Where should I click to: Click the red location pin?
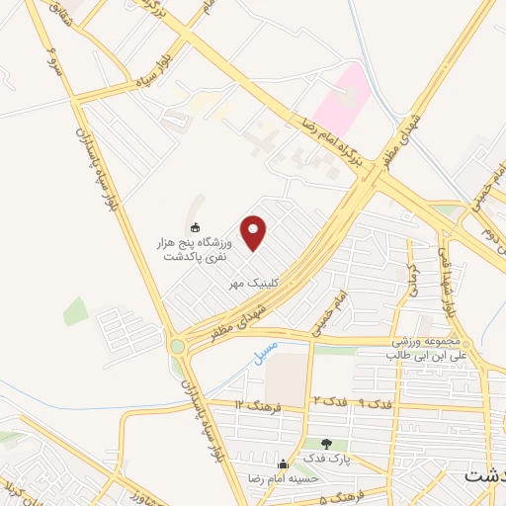pos(254,232)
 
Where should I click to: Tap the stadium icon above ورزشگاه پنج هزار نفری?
pos(195,226)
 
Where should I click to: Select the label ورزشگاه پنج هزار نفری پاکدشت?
pos(194,248)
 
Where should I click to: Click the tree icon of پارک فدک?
pos(327,444)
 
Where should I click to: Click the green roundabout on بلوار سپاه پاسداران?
pos(178,346)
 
